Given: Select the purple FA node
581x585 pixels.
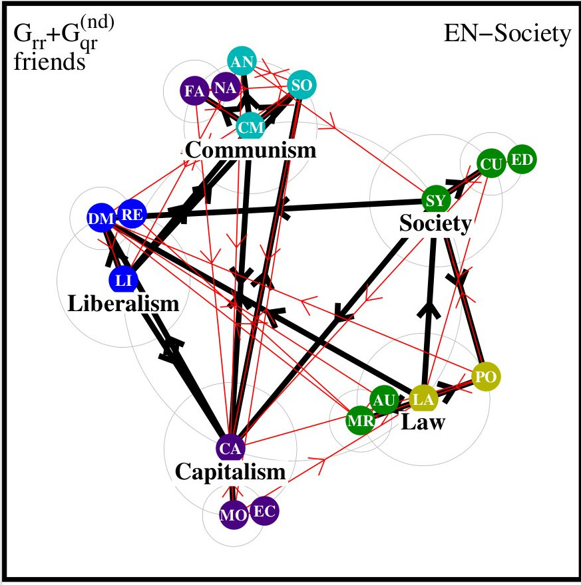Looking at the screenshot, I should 194,92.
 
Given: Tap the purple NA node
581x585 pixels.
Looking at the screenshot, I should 224,88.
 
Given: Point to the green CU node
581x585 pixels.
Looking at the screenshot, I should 492,165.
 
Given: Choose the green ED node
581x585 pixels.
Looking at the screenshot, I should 521,160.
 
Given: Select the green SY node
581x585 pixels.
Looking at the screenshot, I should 437,199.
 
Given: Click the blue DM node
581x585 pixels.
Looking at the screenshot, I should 101,217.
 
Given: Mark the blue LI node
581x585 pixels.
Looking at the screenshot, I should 123,281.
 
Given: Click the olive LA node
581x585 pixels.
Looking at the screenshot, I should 423,399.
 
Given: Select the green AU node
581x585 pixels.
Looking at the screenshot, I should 384,400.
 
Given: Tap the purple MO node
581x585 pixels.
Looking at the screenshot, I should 233,514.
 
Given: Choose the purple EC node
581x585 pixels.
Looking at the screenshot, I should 264,511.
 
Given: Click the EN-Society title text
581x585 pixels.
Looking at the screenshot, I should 507,34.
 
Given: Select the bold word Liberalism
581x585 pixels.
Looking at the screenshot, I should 124,305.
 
